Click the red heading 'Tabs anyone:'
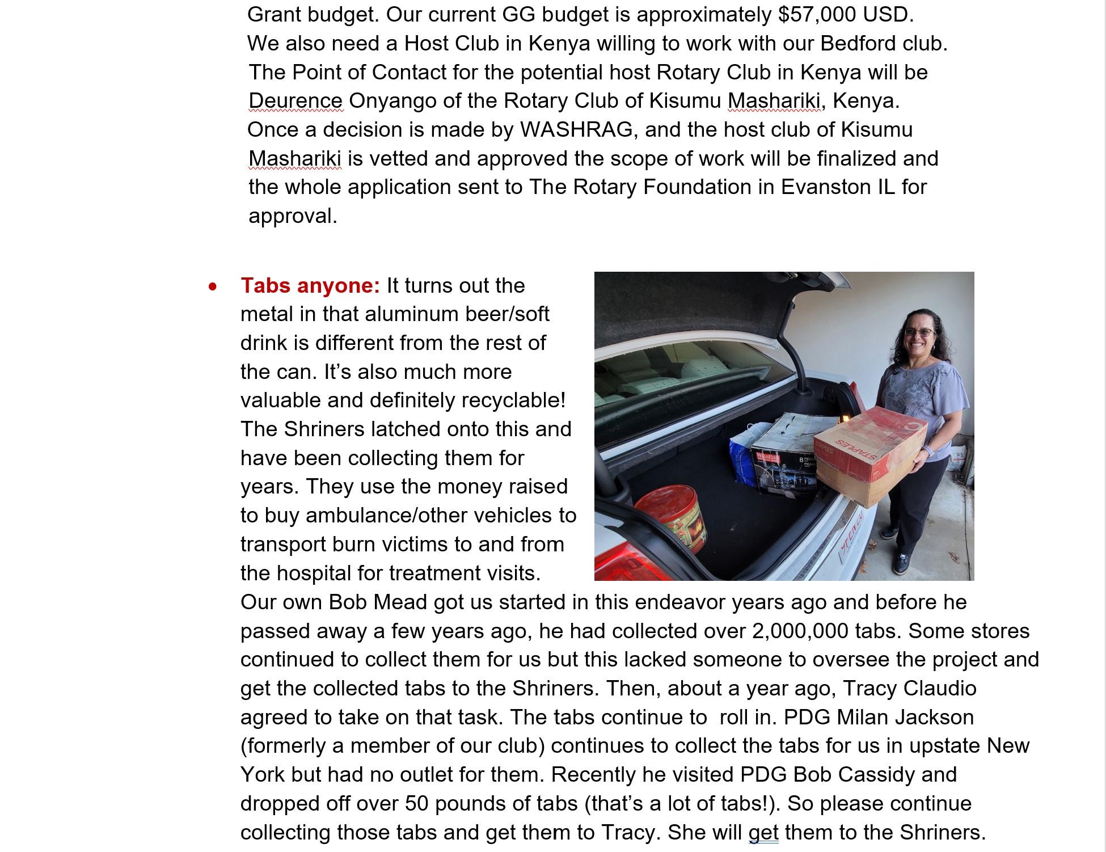(x=310, y=285)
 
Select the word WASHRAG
(x=576, y=129)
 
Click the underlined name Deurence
(x=296, y=101)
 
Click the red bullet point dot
(x=213, y=287)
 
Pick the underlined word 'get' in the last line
(x=763, y=832)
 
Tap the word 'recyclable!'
(x=513, y=400)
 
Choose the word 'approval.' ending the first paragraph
(x=293, y=216)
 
